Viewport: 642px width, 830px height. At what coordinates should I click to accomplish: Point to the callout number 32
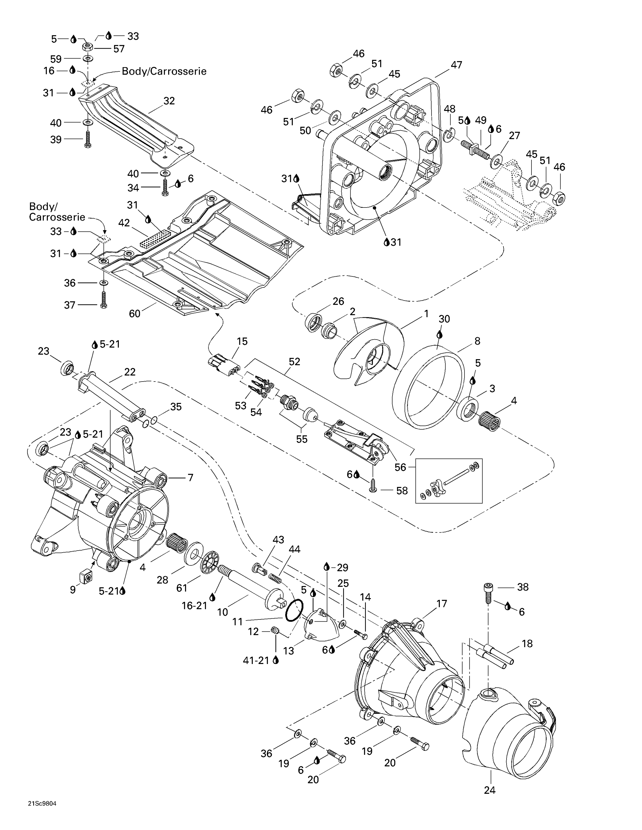click(169, 101)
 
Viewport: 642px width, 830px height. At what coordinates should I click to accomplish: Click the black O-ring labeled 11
click(294, 611)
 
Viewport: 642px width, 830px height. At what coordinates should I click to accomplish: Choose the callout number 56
click(400, 467)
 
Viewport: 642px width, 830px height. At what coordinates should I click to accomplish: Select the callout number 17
click(441, 603)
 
